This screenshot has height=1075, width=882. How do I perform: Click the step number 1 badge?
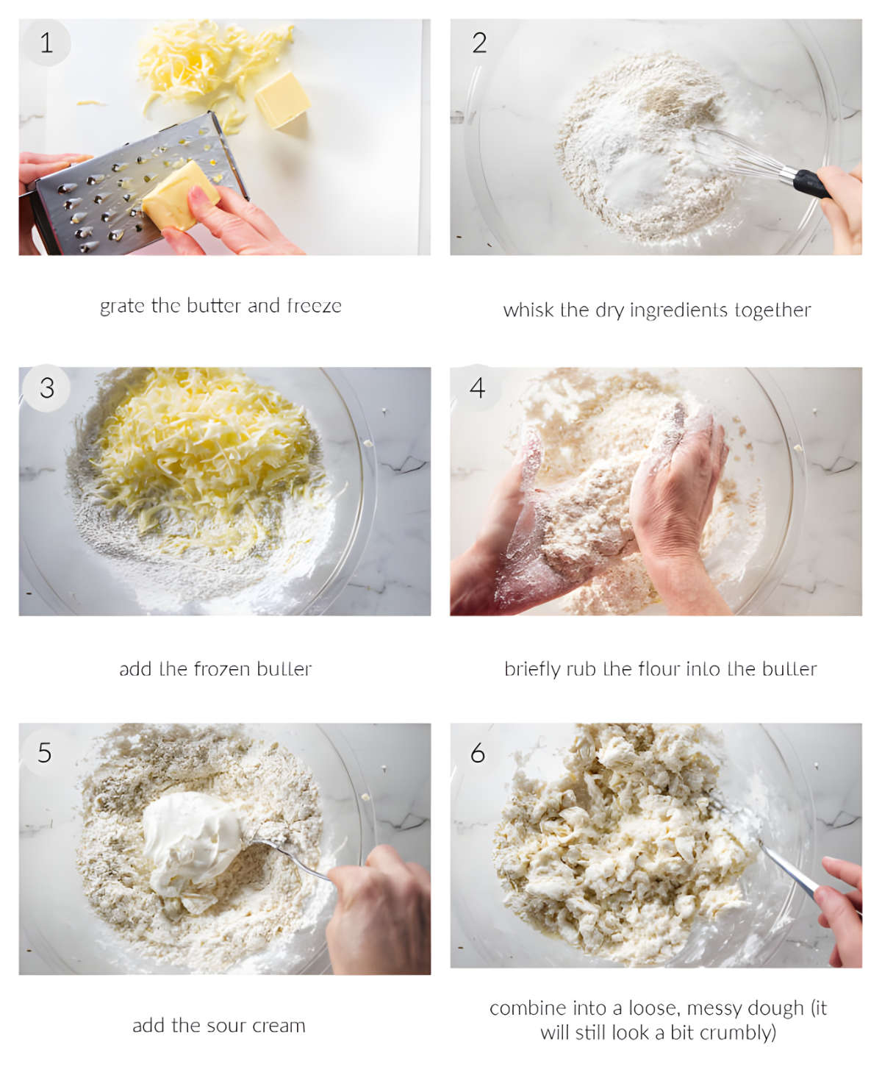(x=46, y=43)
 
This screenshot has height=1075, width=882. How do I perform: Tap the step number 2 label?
(x=479, y=43)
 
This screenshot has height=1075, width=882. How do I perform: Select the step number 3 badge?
(x=46, y=387)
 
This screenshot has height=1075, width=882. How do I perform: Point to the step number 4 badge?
(x=478, y=387)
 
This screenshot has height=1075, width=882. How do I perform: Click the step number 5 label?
(x=45, y=752)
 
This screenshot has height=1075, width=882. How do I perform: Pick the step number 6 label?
(x=478, y=752)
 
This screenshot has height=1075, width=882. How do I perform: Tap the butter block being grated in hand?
(x=179, y=195)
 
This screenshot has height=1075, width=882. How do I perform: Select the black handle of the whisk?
(x=812, y=185)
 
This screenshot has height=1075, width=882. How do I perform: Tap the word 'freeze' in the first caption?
(x=314, y=306)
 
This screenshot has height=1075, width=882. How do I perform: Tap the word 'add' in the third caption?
(x=135, y=669)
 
